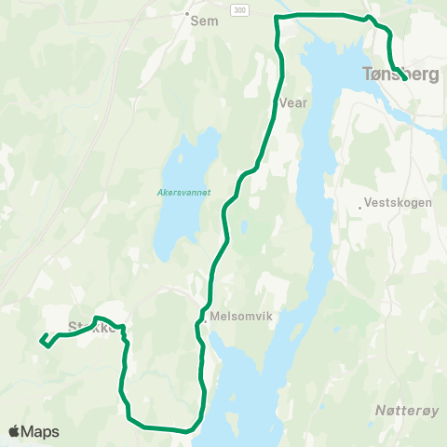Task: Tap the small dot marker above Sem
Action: click(187, 14)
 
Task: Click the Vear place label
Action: click(292, 104)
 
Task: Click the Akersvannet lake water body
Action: click(182, 223)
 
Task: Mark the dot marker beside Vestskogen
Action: click(360, 208)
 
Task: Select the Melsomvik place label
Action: click(240, 317)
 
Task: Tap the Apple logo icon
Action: click(15, 431)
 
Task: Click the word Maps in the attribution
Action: click(41, 431)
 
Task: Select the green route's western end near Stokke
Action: click(42, 341)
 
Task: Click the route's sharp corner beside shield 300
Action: click(277, 17)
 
